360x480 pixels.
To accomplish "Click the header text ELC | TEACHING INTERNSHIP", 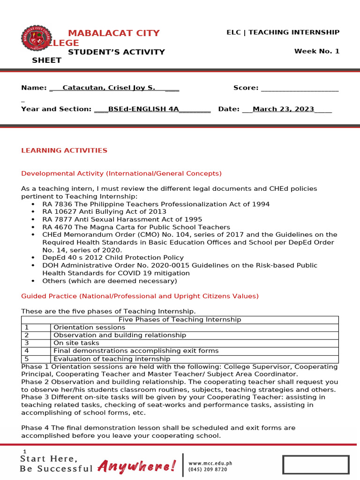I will coord(283,32).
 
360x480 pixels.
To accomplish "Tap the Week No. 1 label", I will coord(316,51).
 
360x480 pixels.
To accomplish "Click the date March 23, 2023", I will coord(283,109).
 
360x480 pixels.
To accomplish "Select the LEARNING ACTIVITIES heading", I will coord(64,150).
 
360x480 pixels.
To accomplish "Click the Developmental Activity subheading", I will coord(121,173).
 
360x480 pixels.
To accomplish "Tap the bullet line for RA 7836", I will coord(156,204).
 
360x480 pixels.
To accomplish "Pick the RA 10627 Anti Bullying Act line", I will coord(104,212).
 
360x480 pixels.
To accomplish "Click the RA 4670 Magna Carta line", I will coord(136,227).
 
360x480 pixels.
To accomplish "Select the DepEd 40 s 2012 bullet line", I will coord(112,258).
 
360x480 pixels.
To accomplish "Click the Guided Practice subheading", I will coord(140,296).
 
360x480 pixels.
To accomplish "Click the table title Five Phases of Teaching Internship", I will coord(180,320).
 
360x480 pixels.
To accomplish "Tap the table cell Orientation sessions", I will coord(82,327).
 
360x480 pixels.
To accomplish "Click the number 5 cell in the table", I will coord(27,359).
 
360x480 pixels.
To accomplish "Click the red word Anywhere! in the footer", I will coord(137,465).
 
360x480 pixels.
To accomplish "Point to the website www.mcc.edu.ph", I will coord(210,463).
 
